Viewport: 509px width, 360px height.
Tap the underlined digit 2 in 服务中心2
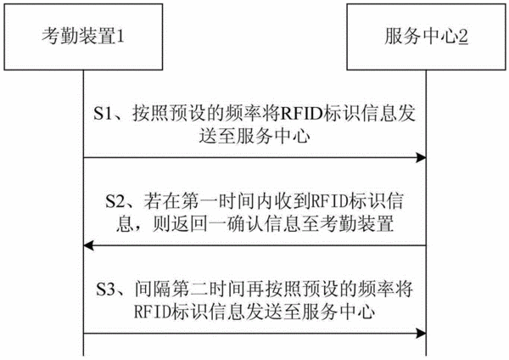(x=463, y=36)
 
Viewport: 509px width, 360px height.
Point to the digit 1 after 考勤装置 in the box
(x=120, y=36)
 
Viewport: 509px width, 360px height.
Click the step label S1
(x=103, y=114)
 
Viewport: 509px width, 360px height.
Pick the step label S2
(x=115, y=201)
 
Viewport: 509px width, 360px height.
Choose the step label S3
(x=106, y=289)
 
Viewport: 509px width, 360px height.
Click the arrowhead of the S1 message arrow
(x=422, y=158)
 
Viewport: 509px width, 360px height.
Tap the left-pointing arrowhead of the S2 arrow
(x=88, y=245)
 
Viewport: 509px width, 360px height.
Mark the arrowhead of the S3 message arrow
(x=422, y=333)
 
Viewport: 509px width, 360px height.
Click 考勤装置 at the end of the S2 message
(x=357, y=223)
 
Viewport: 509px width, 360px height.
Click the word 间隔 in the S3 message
(x=153, y=289)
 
